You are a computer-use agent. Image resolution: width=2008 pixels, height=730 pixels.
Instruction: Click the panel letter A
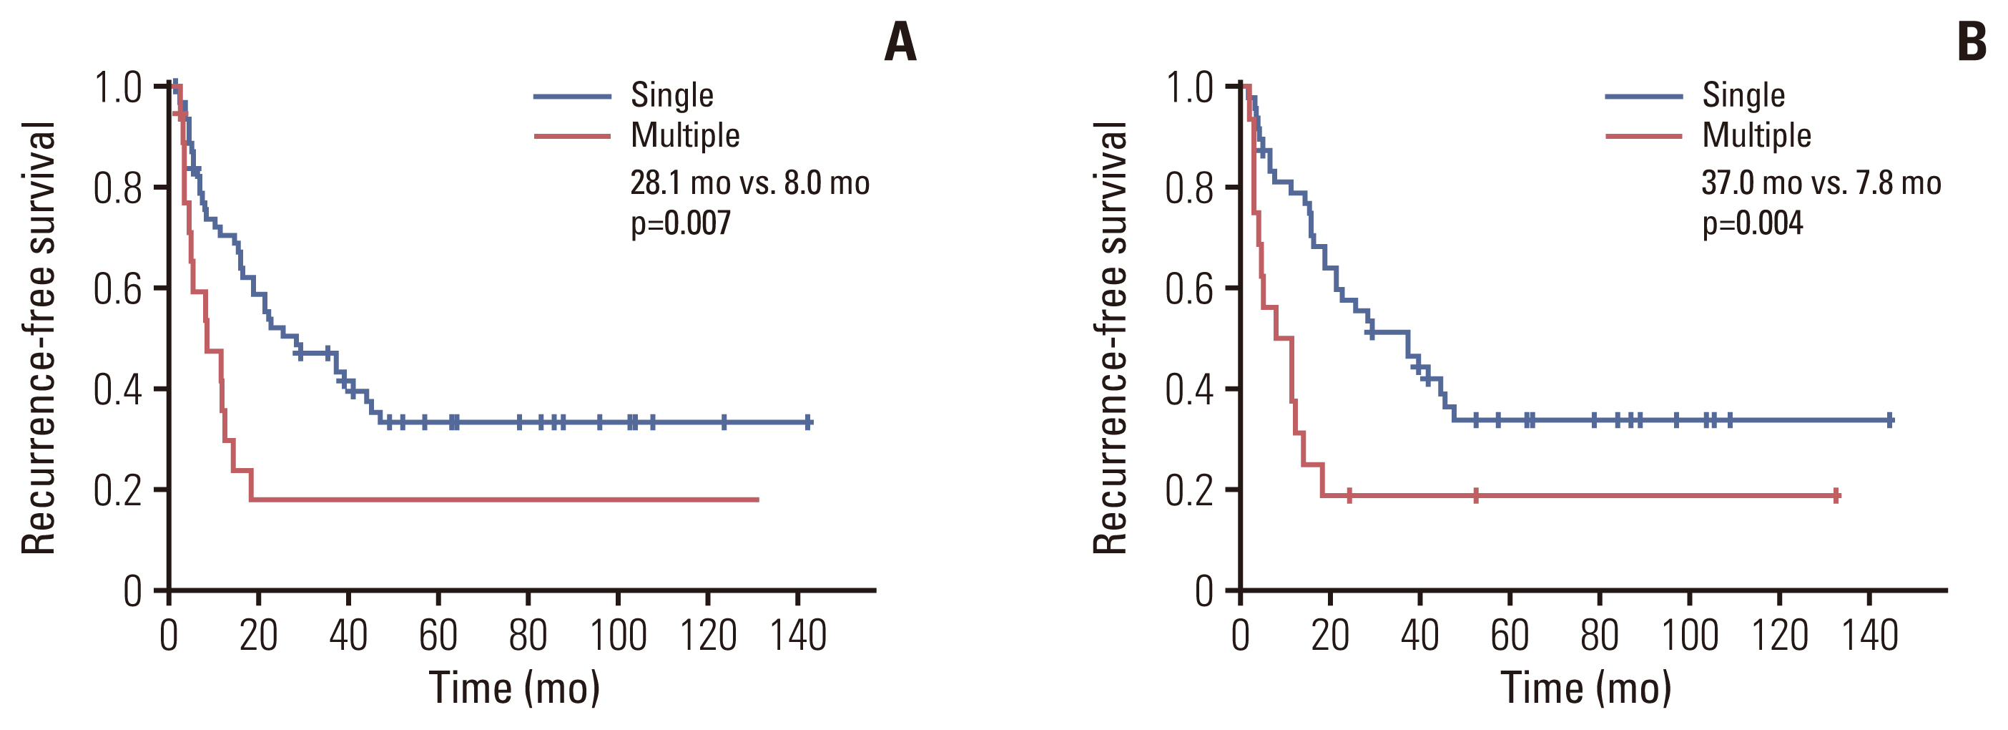point(900,42)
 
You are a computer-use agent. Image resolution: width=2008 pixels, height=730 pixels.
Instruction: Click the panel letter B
point(1972,42)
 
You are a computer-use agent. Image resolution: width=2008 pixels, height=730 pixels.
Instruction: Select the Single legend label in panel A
point(672,95)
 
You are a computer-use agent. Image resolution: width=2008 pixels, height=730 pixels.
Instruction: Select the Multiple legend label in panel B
point(1756,136)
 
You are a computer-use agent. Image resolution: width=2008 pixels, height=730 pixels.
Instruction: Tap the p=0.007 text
point(681,224)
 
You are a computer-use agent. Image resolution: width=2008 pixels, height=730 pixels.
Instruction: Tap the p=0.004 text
point(1752,224)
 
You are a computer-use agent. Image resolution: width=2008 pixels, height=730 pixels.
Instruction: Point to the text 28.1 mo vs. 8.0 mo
point(750,183)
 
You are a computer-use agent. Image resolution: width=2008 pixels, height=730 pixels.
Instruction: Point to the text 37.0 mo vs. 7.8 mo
point(1821,183)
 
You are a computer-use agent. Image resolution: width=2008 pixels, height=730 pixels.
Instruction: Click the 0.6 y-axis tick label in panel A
point(118,289)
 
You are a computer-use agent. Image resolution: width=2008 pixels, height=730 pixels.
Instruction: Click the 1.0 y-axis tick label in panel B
point(1189,87)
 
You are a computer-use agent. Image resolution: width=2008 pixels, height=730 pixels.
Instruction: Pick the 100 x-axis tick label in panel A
point(618,635)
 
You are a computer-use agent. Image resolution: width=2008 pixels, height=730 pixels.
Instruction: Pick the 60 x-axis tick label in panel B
point(1510,635)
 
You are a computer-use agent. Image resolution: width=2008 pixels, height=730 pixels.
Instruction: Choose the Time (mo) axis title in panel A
point(514,688)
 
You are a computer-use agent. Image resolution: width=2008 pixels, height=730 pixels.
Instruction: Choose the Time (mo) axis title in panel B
point(1586,688)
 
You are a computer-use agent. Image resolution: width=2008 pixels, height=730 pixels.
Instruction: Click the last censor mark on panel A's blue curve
point(808,423)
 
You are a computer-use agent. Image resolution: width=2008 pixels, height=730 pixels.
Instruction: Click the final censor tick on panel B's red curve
point(1836,495)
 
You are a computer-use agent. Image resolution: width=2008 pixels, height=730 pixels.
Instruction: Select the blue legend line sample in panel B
point(1644,96)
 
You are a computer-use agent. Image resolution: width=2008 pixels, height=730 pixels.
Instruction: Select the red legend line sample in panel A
point(572,137)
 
